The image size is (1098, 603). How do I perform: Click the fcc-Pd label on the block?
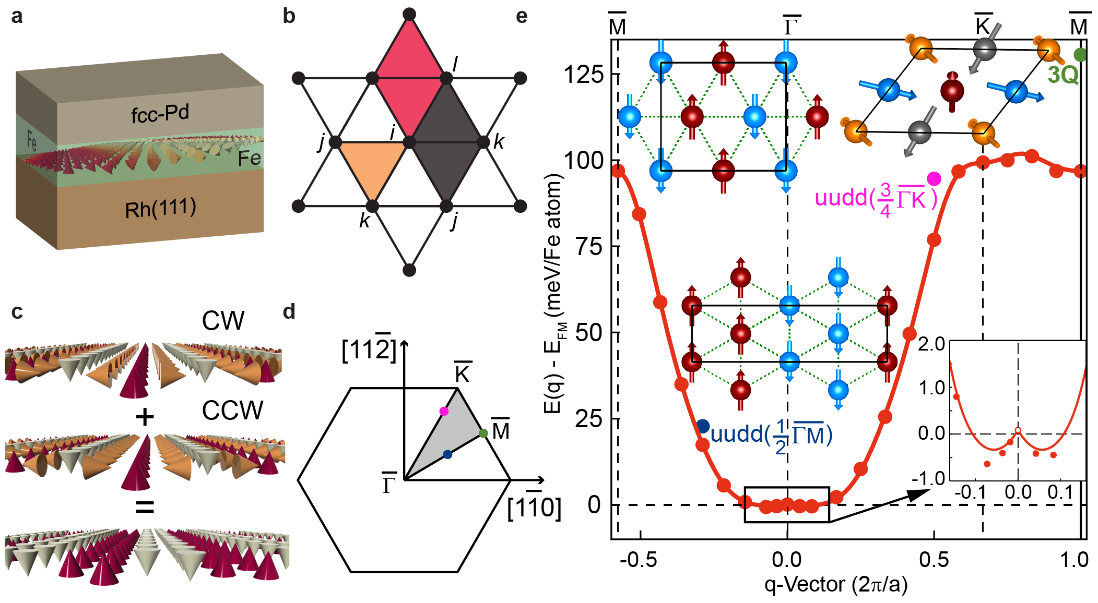(160, 114)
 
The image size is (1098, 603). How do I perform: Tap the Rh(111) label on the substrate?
(161, 209)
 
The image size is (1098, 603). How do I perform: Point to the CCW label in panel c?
(232, 411)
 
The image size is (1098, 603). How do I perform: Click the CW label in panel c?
(223, 321)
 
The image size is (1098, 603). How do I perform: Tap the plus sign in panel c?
(145, 417)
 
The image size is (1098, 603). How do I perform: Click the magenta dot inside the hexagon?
(444, 411)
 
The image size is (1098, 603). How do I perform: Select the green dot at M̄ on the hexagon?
(483, 433)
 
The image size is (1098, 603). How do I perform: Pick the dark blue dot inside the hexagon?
(447, 454)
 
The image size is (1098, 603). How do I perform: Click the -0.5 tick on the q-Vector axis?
(639, 560)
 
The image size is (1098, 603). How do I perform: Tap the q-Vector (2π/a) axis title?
(836, 585)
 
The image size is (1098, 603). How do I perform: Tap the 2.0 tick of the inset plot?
(931, 344)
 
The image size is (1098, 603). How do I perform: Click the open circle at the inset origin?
(1018, 431)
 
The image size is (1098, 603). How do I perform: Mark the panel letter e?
(521, 17)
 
